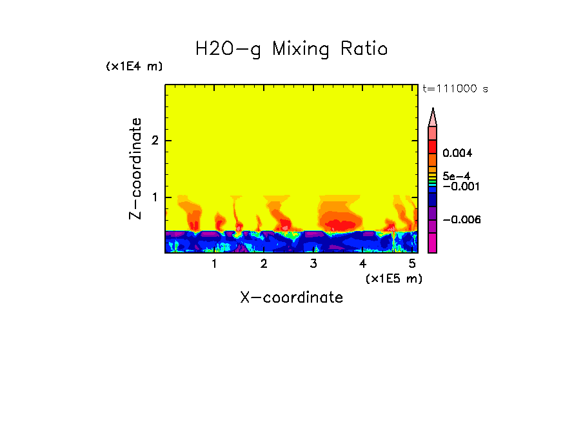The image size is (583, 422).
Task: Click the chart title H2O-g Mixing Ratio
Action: [x=291, y=48]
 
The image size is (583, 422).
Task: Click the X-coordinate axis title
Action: [x=291, y=297]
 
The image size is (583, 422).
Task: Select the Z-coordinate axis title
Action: [x=135, y=168]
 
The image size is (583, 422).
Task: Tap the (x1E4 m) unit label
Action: [x=134, y=66]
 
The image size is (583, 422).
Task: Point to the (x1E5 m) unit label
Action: [x=393, y=278]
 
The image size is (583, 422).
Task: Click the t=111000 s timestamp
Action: [x=455, y=88]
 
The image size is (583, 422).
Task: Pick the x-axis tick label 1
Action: [x=215, y=264]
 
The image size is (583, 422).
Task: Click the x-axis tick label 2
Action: [x=264, y=264]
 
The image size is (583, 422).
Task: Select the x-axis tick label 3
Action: [x=313, y=264]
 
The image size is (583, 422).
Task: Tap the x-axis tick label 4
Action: [x=363, y=264]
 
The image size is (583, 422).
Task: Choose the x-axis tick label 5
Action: [x=412, y=264]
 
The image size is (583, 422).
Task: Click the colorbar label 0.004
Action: [x=458, y=154]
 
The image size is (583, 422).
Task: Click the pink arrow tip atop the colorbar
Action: [x=433, y=117]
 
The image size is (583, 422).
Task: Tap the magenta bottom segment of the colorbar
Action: [x=433, y=243]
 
